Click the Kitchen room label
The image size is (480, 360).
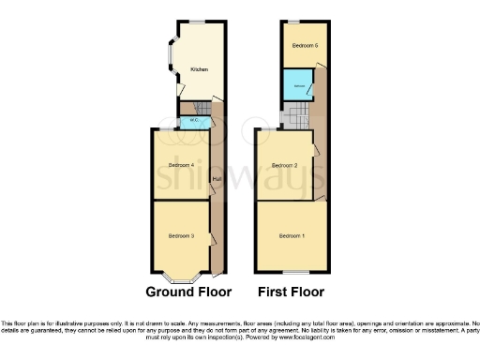tap(200, 69)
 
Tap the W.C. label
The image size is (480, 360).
tap(192, 120)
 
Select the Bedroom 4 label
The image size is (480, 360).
tap(180, 166)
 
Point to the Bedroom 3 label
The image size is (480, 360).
tap(180, 235)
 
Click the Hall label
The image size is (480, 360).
tap(217, 178)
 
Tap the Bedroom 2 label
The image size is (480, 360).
tap(284, 166)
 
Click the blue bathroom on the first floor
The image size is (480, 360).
tap(299, 86)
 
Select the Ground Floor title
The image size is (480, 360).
tap(187, 292)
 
